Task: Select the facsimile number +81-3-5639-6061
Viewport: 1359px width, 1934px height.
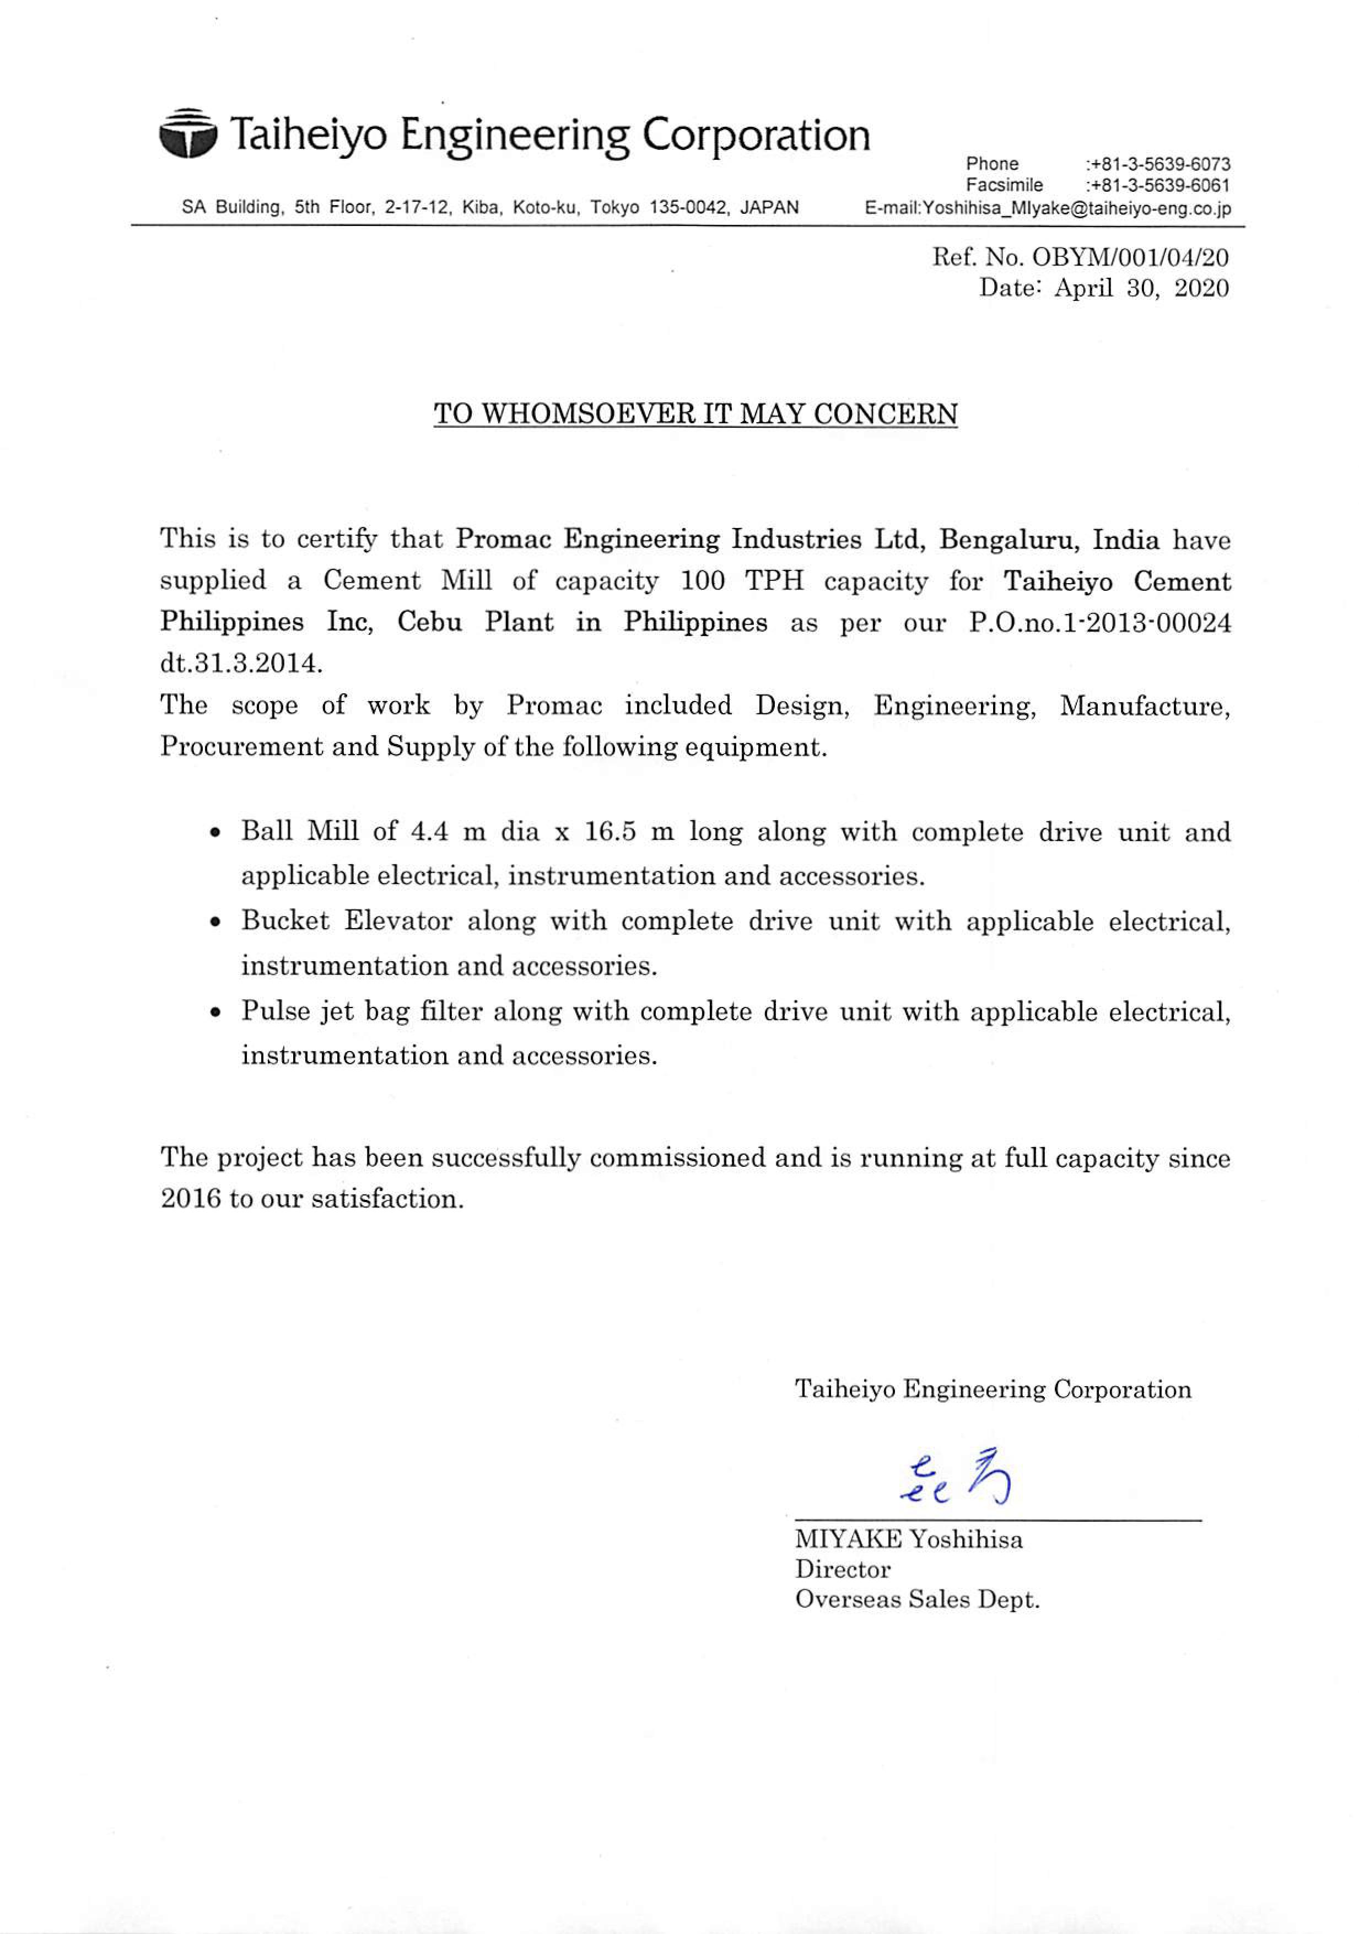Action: tap(1158, 185)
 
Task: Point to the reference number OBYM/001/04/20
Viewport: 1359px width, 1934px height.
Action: tap(1130, 257)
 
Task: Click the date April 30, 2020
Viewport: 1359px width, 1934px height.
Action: tap(1141, 288)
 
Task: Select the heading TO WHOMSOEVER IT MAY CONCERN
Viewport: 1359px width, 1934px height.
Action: tap(695, 414)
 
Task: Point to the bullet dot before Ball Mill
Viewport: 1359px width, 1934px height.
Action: tap(217, 833)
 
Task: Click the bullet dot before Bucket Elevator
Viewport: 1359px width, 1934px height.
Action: tap(217, 922)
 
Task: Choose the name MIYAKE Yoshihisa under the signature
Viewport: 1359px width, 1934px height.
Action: tap(909, 1540)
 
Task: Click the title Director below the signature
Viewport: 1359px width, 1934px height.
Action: tap(843, 1569)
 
